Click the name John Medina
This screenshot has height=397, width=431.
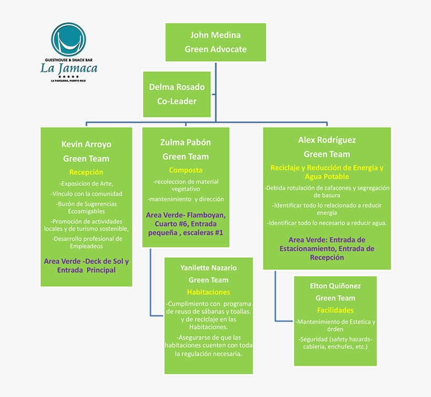point(215,35)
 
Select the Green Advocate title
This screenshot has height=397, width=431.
point(215,49)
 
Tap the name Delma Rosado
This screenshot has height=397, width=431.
point(177,87)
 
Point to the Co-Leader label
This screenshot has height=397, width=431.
point(177,101)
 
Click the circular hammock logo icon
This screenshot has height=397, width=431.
point(68,40)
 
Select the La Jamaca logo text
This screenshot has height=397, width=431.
point(69,68)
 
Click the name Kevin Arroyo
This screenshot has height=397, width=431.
point(86,144)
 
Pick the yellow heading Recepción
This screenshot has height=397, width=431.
point(86,172)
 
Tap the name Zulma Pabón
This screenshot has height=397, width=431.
point(186,142)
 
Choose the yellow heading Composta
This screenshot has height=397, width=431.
point(186,170)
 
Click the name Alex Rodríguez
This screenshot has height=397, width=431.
point(327,140)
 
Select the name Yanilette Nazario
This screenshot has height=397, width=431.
point(208,268)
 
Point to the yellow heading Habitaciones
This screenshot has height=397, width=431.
point(208,292)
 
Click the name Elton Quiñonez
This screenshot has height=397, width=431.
point(335,286)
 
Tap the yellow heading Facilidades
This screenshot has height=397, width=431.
point(335,310)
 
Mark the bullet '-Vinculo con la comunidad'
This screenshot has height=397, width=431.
point(86,194)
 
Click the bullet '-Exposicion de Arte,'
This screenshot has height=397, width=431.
point(86,184)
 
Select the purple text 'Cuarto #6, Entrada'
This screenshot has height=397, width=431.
point(186,224)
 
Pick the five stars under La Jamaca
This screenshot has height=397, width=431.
point(68,77)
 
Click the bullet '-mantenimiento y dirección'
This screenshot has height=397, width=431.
point(186,199)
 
